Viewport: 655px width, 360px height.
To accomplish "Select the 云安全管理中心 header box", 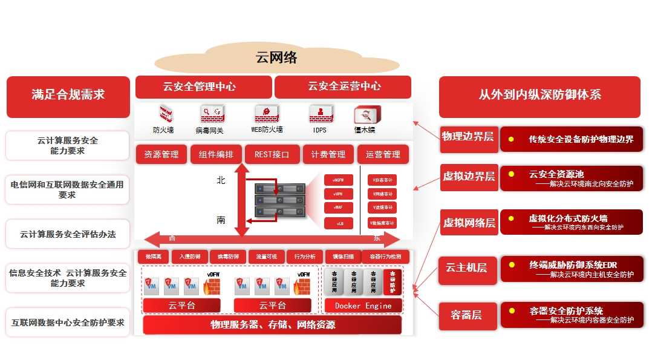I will click(x=203, y=87).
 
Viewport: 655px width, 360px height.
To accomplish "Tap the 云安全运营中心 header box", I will click(x=343, y=87).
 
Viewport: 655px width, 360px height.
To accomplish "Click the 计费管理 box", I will click(x=328, y=154).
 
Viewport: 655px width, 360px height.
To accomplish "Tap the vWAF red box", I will click(x=338, y=208).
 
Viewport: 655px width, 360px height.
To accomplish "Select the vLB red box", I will click(x=338, y=223).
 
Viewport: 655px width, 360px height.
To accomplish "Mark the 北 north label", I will click(x=221, y=180).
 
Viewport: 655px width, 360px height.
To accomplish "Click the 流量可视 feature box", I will click(x=266, y=257).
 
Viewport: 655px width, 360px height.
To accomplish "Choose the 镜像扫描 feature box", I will click(x=343, y=257).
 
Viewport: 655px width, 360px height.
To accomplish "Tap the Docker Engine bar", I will click(x=363, y=306).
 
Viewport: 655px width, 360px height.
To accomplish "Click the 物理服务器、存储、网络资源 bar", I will click(x=272, y=325).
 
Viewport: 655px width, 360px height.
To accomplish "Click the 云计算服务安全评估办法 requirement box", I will click(x=68, y=234).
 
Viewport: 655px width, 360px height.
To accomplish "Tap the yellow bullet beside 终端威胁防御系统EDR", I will click(x=512, y=264).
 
